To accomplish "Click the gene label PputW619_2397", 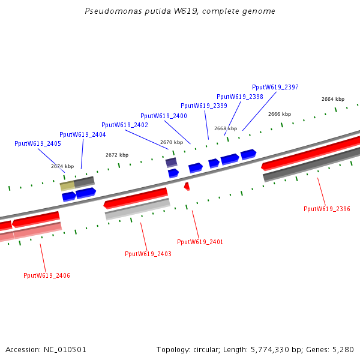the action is tap(275, 87).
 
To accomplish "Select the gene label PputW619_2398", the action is tap(239, 97).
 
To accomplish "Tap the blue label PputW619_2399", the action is tap(204, 106).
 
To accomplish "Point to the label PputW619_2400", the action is tap(164, 116).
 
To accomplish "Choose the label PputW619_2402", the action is tap(125, 125).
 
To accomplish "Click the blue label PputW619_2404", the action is tap(83, 134).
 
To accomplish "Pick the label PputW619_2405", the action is tap(38, 144).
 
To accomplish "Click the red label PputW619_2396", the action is tap(327, 209).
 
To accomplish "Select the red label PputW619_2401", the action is tap(200, 242).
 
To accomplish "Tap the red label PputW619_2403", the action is tap(148, 254).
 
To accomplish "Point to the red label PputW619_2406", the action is tap(47, 275).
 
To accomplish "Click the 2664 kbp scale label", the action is tap(333, 99).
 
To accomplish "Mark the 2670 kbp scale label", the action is tap(172, 142).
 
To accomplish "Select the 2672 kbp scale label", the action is tap(117, 155).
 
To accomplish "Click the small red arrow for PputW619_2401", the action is tap(187, 186).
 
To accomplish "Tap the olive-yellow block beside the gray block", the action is tap(67, 186).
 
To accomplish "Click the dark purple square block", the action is tap(171, 163).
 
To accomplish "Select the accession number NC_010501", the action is tap(65, 350).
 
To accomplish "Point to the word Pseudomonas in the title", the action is tap(113, 11).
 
